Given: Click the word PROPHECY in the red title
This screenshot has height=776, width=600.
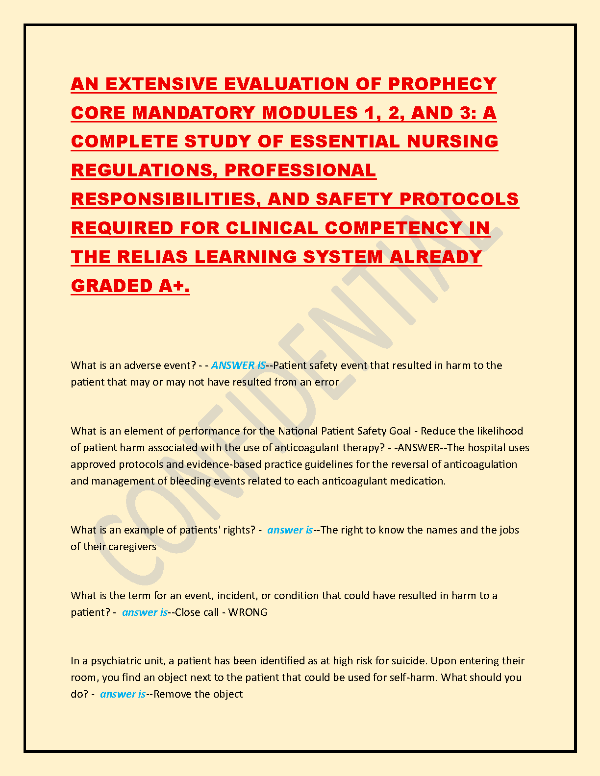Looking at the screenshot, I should (442, 84).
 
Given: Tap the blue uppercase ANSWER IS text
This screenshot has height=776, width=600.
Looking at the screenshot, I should (238, 365).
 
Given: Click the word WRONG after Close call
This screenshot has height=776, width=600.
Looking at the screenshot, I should (248, 612).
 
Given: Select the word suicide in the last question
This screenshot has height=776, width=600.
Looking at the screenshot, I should (408, 661).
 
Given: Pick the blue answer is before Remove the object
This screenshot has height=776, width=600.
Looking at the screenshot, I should (123, 694).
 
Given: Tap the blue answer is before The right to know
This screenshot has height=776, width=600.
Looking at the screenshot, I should (290, 530).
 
